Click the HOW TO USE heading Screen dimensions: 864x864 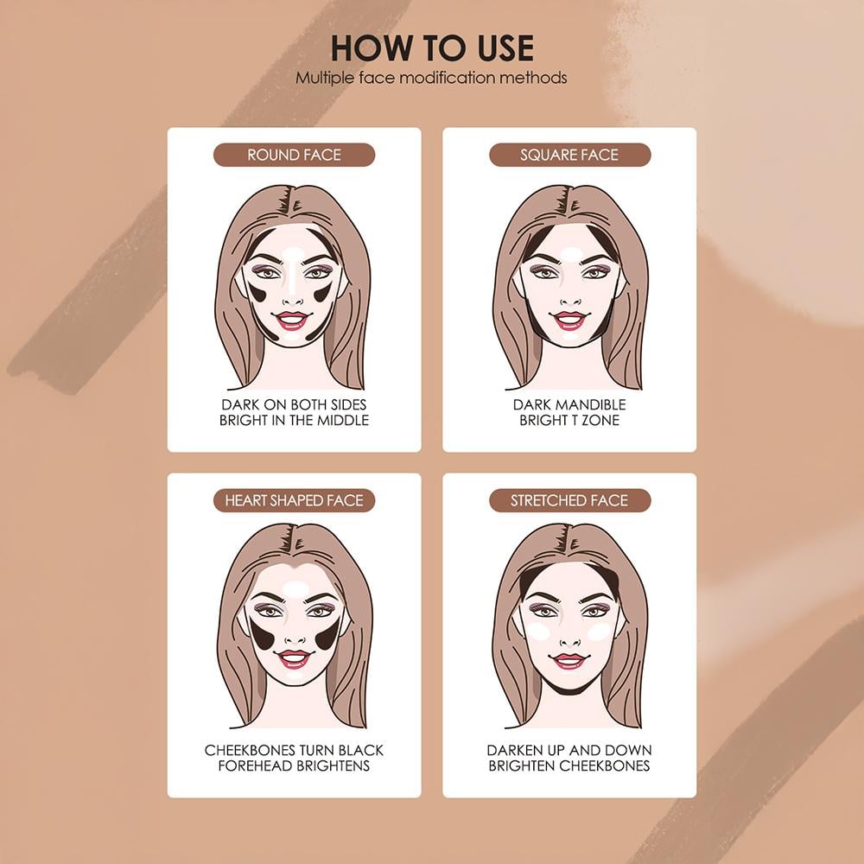432,48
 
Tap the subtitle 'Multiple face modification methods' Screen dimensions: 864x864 431,78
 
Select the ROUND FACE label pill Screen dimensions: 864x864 295,155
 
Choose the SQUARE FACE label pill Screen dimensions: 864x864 569,155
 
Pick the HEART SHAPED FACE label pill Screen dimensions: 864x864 295,500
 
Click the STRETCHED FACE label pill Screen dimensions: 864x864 569,500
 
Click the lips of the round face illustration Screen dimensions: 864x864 292,321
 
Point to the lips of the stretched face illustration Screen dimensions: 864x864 569,660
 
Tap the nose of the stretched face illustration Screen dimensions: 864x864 570,638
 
